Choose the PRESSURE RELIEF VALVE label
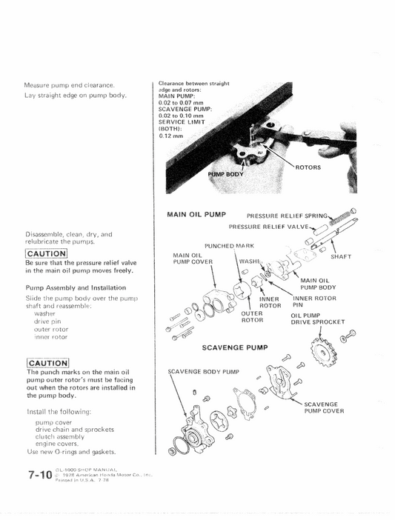[268, 227]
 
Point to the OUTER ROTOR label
[253, 316]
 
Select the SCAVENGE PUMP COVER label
[324, 407]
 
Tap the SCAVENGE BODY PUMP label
[202, 371]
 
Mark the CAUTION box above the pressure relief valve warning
[47, 254]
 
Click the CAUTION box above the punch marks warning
[47, 362]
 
